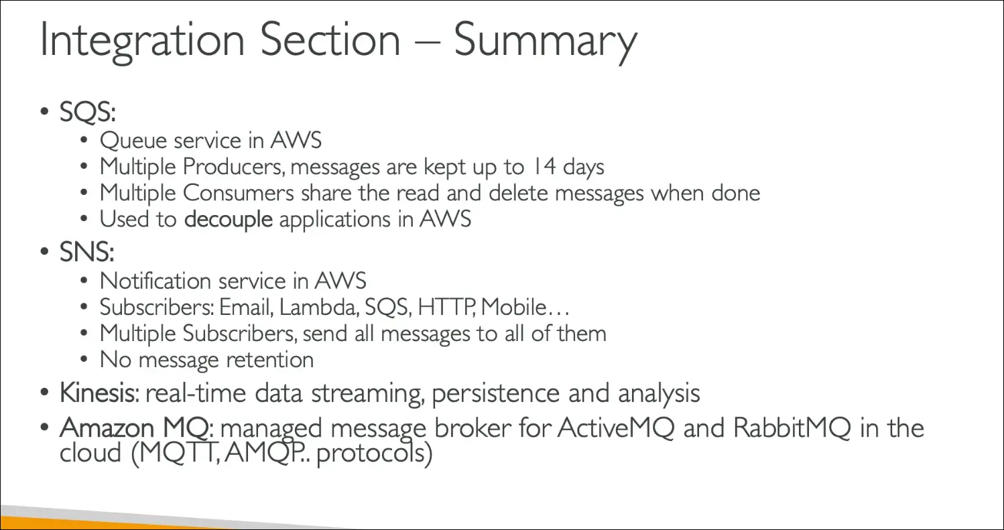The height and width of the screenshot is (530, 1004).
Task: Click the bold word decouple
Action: pos(229,219)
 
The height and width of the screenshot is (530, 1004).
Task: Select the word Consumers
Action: pos(239,193)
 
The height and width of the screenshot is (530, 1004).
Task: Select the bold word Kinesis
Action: pos(97,393)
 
